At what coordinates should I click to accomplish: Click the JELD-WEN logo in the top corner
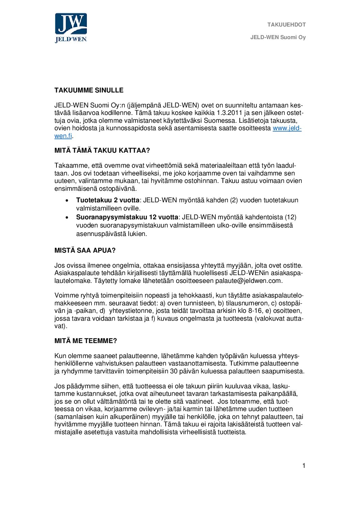[x=71, y=28]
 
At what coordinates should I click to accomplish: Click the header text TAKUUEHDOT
[x=286, y=25]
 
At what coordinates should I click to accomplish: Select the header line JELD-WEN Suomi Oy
[x=278, y=37]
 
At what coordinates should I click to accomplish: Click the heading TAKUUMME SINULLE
[x=89, y=90]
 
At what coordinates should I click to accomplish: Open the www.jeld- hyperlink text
[x=287, y=128]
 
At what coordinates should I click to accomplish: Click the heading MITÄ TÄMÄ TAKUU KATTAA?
[x=102, y=151]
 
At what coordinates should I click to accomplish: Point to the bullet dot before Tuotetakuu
[x=68, y=201]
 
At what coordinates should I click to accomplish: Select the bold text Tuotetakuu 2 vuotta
[x=108, y=200]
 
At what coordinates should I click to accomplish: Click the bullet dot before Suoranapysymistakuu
[x=68, y=217]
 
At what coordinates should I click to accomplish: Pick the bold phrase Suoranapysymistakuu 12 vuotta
[x=127, y=217]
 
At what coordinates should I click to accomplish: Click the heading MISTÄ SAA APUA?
[x=85, y=251]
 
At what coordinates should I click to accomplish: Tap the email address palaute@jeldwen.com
[x=248, y=281]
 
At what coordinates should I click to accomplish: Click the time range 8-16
[x=255, y=311]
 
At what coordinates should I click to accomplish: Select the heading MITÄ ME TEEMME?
[x=86, y=341]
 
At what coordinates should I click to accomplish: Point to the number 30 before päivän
[x=174, y=371]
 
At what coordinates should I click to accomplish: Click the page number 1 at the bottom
[x=304, y=466]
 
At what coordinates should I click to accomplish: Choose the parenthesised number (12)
[x=290, y=217]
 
